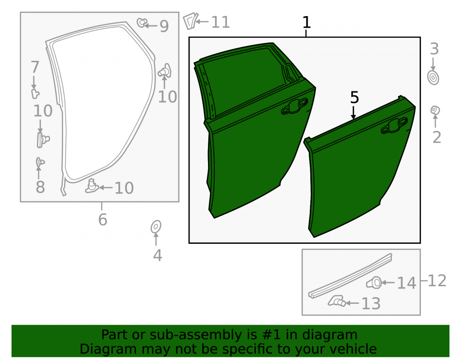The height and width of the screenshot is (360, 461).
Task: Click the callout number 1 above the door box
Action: point(307,23)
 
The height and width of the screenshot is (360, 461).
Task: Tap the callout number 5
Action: point(355,97)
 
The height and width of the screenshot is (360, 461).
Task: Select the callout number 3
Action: point(434,49)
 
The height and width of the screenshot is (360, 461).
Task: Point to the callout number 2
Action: point(437,137)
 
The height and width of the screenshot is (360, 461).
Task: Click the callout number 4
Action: point(157,255)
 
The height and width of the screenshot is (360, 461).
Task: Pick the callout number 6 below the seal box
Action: point(103,219)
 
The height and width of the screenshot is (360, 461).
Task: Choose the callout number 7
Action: point(35,67)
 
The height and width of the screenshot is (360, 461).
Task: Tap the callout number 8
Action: point(40,187)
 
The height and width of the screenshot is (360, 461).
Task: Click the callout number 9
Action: point(164,26)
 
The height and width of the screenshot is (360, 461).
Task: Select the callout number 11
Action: point(220,22)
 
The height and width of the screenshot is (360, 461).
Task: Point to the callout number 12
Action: point(437,281)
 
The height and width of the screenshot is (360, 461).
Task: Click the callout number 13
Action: point(371,303)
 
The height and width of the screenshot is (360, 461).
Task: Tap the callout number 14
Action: point(407,283)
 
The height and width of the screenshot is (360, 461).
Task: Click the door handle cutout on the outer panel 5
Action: point(395,125)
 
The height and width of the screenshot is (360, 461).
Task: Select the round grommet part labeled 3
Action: point(433,78)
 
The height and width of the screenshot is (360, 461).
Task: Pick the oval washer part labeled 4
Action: point(156,227)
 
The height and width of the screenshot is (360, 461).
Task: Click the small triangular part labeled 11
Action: point(190,21)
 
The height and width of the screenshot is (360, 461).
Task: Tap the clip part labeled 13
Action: point(337,301)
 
